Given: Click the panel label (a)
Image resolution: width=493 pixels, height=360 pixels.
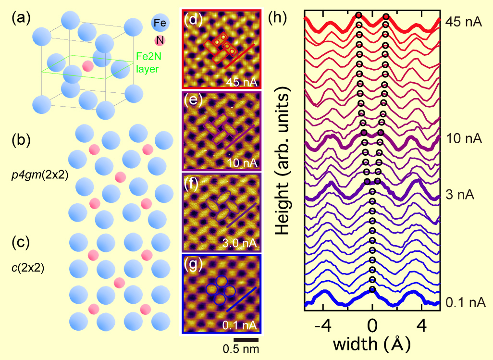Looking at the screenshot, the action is click(21, 19).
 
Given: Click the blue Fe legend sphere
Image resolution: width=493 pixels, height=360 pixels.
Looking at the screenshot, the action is click(160, 23).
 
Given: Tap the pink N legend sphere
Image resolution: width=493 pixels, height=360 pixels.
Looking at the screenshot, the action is click(160, 40).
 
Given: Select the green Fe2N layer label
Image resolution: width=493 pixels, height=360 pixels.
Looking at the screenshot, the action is click(148, 62).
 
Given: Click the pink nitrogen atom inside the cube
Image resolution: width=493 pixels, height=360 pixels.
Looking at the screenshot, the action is click(88, 66).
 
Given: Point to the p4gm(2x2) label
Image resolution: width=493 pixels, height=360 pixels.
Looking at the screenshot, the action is click(40, 175).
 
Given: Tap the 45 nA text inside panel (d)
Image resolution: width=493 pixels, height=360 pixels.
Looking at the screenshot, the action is click(242, 82).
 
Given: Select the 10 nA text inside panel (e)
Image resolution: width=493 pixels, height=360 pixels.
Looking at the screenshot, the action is click(242, 163).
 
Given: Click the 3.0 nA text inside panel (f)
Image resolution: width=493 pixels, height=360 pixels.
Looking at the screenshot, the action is click(240, 243).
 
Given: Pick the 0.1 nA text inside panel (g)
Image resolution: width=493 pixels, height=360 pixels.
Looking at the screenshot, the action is click(240, 325).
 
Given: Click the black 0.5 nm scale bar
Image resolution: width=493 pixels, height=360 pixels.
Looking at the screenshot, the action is click(246, 340).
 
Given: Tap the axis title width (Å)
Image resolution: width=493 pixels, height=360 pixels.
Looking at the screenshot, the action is click(371, 344).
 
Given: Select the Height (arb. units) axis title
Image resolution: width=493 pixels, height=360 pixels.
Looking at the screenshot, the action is click(283, 161).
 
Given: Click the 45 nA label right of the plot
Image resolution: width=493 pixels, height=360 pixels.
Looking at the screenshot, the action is click(464, 22).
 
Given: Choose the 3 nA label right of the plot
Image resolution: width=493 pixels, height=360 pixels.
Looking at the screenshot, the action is click(460, 195).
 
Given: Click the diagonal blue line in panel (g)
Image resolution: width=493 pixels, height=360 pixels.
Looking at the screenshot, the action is click(242, 299).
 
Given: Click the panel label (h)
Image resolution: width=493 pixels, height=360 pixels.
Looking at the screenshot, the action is click(277, 19).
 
